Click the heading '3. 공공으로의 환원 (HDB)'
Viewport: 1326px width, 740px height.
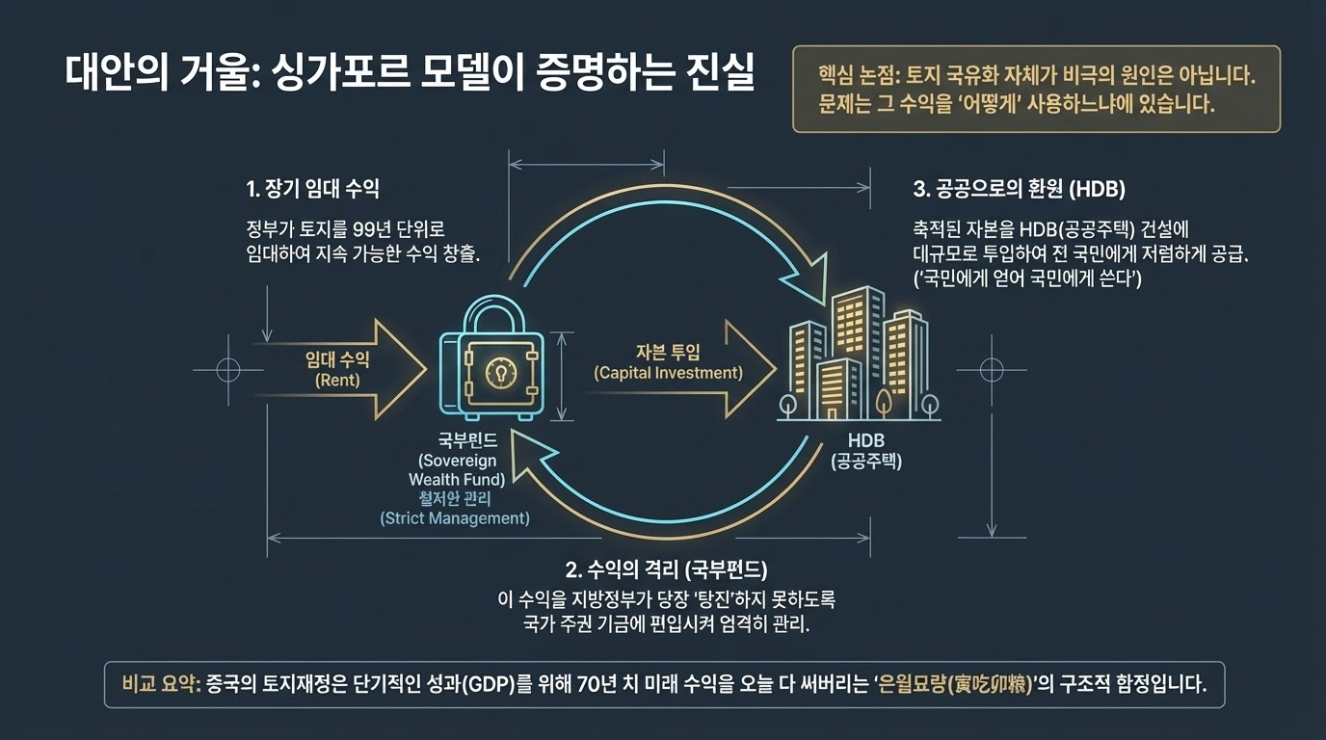(x=1019, y=188)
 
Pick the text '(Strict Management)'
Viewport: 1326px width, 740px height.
(x=456, y=518)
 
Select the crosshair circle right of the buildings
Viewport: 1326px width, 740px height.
(x=992, y=368)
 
